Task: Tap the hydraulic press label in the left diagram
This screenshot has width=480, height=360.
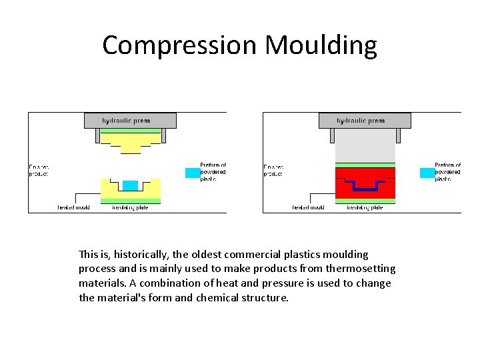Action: (x=127, y=121)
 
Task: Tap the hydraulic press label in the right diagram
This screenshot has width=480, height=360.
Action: (x=361, y=121)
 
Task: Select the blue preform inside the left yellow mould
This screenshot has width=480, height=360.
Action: (x=131, y=185)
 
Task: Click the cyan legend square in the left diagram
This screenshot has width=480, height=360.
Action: (x=192, y=173)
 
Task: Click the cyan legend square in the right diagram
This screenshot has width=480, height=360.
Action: (x=427, y=173)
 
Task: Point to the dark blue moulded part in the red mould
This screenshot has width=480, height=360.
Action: (x=365, y=187)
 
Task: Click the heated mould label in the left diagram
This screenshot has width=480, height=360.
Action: (x=73, y=207)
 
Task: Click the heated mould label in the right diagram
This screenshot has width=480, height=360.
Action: (x=308, y=207)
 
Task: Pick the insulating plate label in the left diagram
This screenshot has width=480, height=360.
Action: (x=131, y=207)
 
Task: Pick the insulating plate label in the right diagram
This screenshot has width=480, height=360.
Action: (x=365, y=207)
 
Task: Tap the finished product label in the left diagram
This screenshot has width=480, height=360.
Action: (x=39, y=169)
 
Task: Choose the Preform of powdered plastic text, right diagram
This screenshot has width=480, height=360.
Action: (x=447, y=172)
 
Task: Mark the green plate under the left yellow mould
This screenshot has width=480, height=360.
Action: (x=131, y=201)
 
